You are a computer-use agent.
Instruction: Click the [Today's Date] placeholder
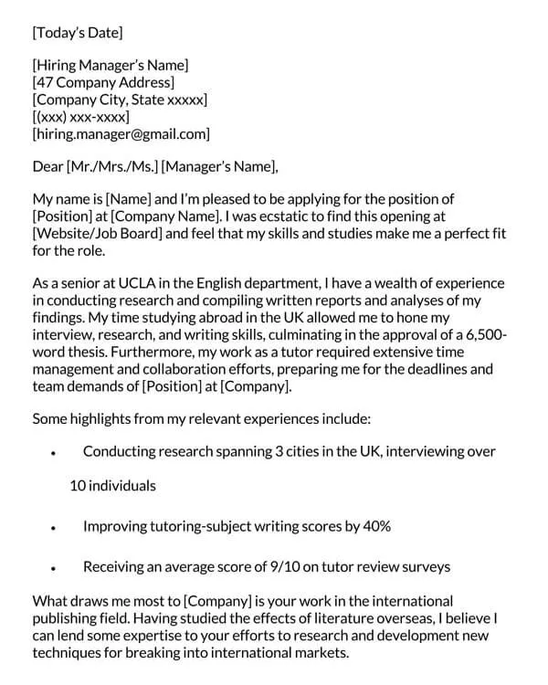click(x=77, y=34)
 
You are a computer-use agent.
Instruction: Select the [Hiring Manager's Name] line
click(x=110, y=65)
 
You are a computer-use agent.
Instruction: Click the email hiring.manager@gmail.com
click(x=121, y=134)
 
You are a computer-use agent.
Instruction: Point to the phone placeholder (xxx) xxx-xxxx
click(x=81, y=117)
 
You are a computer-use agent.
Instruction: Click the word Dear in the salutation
click(x=47, y=166)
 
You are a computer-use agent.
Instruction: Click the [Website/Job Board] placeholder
click(x=98, y=234)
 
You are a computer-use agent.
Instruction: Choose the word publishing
click(x=64, y=618)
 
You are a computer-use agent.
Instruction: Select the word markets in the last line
click(x=320, y=653)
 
